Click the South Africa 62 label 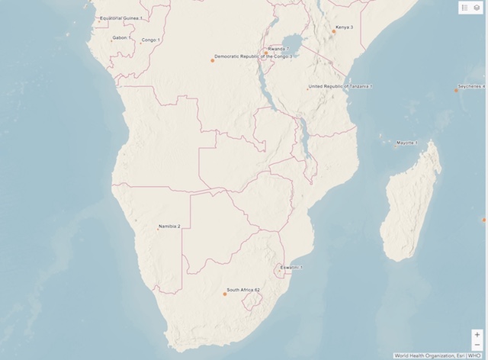pos(244,291)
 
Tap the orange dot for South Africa pos(225,294)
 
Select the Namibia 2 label pos(169,227)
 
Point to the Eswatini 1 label pos(291,268)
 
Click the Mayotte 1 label pos(407,143)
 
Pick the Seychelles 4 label pos(471,87)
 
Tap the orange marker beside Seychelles pos(456,91)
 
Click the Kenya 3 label pos(345,27)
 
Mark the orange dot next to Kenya pos(333,31)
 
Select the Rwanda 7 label pos(278,48)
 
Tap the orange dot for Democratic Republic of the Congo pos(213,60)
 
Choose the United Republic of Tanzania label pos(340,87)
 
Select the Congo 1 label pos(151,40)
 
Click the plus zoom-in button pos(477,334)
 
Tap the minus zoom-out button pos(477,345)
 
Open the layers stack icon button pos(477,7)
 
